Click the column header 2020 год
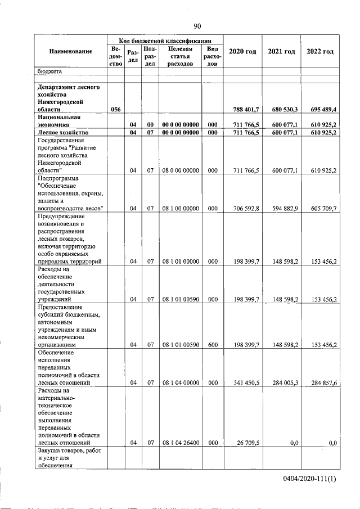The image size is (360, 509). pos(243,52)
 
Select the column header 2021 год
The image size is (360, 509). pos(281,52)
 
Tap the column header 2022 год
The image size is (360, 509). pos(320,52)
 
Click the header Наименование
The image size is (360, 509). pos(70,52)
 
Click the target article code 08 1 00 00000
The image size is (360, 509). pos(180,208)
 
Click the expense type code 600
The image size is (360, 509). pos(213,345)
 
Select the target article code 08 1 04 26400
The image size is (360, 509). pos(180,443)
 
